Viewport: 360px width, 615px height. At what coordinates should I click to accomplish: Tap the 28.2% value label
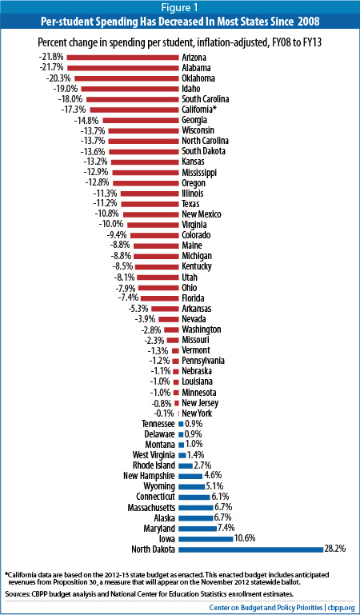(x=334, y=549)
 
